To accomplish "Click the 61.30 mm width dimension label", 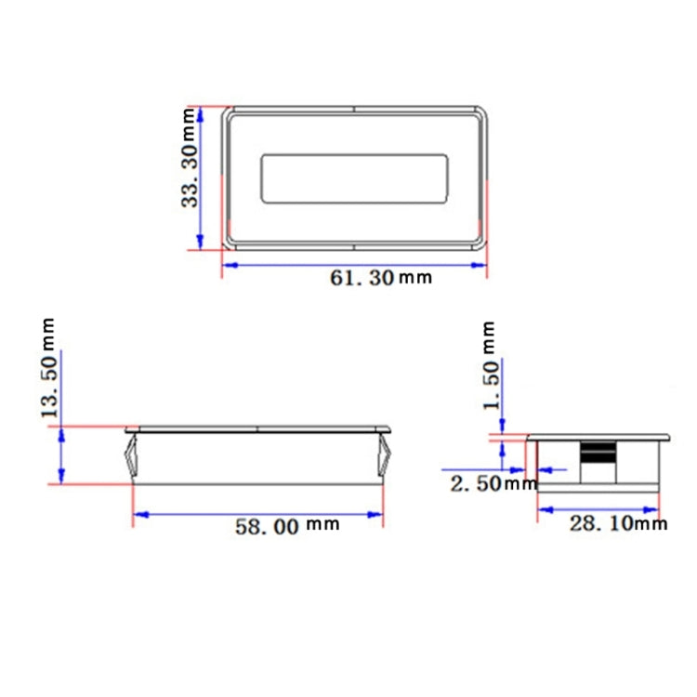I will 381,277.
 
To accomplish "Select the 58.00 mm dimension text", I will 286,526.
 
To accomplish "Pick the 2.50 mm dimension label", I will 493,483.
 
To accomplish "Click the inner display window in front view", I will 354,178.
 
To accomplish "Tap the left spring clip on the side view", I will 128,458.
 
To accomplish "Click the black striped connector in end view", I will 598,454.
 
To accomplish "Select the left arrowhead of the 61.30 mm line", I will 227,265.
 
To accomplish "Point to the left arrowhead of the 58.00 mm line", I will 139,514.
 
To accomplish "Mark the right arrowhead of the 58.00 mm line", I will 377,514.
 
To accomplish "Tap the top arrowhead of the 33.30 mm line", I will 202,112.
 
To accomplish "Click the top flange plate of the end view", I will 598,436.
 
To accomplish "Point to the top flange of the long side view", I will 258,430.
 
